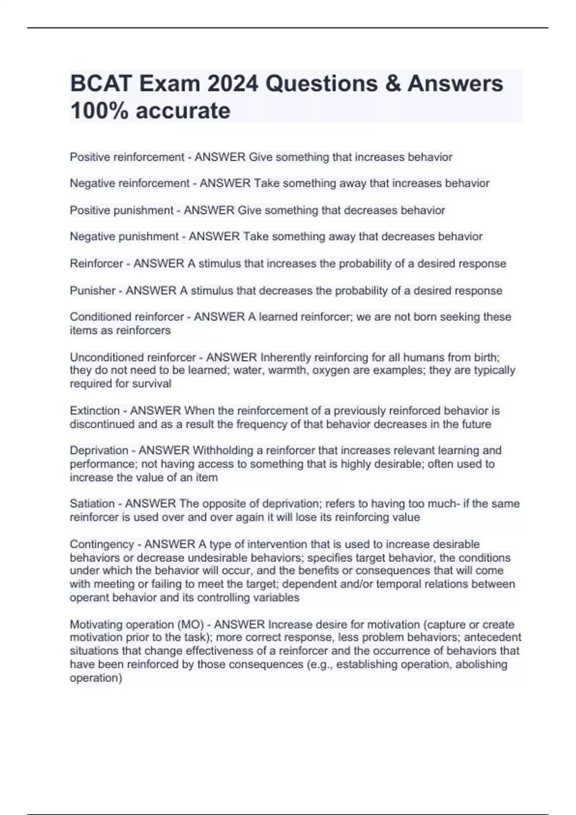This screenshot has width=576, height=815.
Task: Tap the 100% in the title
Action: tap(99, 111)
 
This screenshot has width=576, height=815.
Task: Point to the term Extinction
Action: tap(95, 411)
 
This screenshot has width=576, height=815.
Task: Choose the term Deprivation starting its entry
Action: tap(99, 451)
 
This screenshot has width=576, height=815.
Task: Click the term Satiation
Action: tap(92, 504)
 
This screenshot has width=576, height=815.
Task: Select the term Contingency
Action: tap(102, 545)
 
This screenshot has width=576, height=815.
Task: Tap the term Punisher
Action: tap(93, 291)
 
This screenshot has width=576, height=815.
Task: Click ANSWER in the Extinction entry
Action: tap(156, 411)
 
